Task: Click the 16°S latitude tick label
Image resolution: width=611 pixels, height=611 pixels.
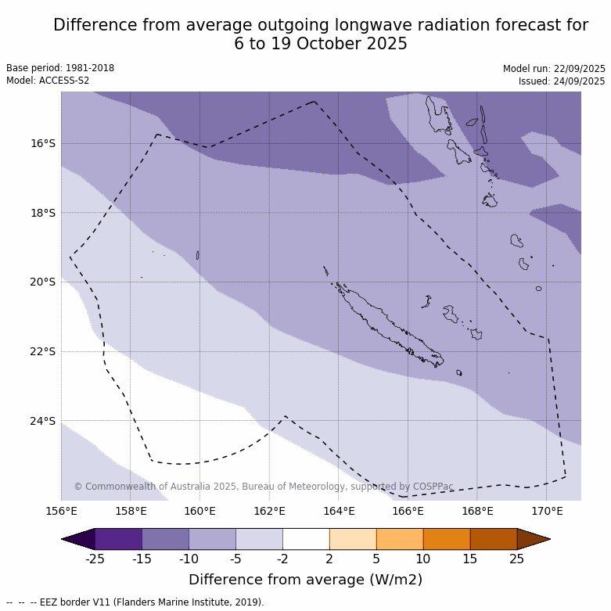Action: click(x=43, y=143)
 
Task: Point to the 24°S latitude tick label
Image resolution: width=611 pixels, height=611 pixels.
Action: click(x=43, y=421)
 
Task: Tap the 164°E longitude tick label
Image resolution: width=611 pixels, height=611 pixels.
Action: click(x=339, y=512)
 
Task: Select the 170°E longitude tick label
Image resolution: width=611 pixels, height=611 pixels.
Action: click(x=547, y=512)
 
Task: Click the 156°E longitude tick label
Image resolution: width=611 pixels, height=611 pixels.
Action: click(x=61, y=512)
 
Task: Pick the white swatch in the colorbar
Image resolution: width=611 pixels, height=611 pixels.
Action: click(x=306, y=539)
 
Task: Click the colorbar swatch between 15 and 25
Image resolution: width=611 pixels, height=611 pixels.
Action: click(x=494, y=539)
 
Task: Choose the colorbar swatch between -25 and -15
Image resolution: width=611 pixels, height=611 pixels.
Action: click(x=118, y=539)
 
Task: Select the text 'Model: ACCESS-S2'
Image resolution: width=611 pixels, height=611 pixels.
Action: click(x=48, y=81)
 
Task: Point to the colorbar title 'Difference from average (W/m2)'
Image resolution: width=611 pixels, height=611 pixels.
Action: click(x=305, y=580)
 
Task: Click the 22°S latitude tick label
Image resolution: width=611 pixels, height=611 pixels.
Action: click(x=43, y=351)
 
